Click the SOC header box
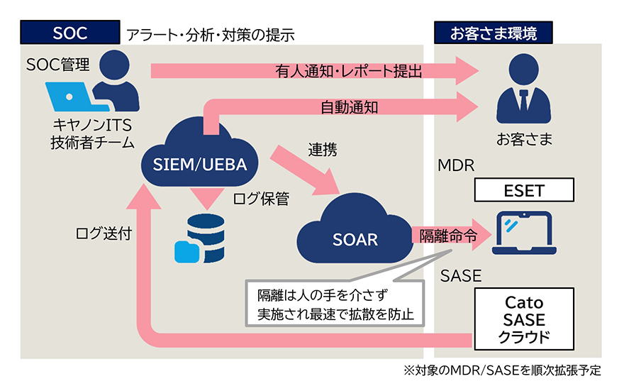pos(69,33)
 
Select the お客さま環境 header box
pos(494,33)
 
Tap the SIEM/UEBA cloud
pos(200,158)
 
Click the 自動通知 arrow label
pos(349,109)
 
